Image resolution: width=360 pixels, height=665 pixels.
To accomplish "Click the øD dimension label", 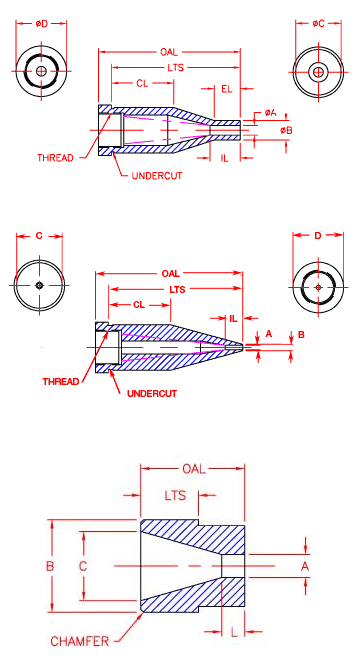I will [x=41, y=23].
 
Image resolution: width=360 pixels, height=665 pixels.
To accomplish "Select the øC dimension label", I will [x=317, y=23].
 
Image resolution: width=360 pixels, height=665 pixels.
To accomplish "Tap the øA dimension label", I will [x=271, y=113].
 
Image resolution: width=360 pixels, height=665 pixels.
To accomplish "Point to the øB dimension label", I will [x=285, y=130].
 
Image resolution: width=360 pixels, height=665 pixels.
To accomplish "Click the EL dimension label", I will [x=227, y=90].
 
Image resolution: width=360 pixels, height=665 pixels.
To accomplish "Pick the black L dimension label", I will [x=233, y=631].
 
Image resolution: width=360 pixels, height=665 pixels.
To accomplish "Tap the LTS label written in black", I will [x=177, y=497].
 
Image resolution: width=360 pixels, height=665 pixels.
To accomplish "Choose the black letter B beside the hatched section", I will [x=50, y=566].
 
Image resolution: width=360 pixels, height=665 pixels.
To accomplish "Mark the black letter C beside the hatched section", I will [x=84, y=566].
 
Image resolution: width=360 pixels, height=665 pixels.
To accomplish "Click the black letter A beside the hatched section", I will [x=305, y=566].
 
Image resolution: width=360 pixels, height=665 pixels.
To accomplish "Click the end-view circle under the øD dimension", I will [x=41, y=72].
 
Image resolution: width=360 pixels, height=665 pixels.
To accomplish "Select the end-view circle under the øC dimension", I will [x=317, y=72].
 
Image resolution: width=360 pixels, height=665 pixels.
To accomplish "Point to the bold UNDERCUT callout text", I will [x=151, y=393].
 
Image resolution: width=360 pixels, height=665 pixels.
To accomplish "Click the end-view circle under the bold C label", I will [x=39, y=286].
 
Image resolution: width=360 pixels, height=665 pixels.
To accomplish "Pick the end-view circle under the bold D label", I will [x=317, y=286].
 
